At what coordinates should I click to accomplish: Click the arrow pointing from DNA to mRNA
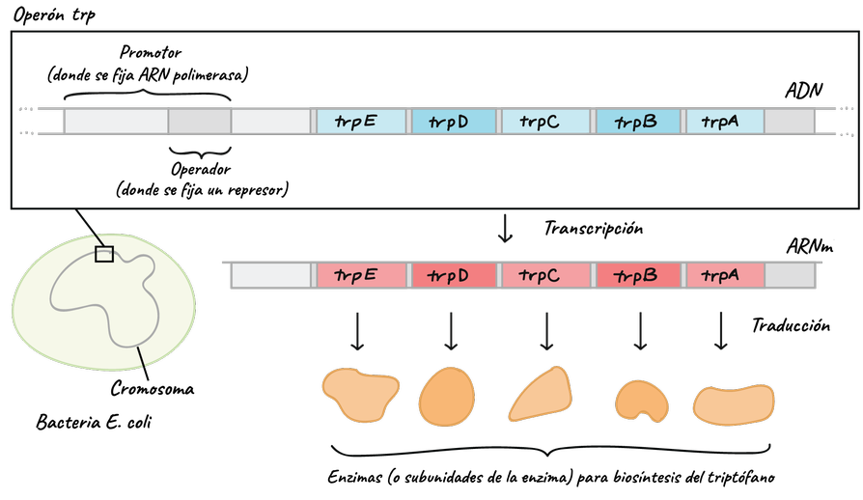(x=505, y=229)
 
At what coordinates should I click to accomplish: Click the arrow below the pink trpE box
(x=357, y=331)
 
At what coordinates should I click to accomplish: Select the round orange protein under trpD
(x=447, y=397)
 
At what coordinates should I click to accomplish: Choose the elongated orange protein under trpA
(x=734, y=404)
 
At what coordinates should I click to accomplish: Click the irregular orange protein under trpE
(x=360, y=394)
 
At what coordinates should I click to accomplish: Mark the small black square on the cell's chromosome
(x=104, y=254)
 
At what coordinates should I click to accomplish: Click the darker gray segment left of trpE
(x=200, y=122)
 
